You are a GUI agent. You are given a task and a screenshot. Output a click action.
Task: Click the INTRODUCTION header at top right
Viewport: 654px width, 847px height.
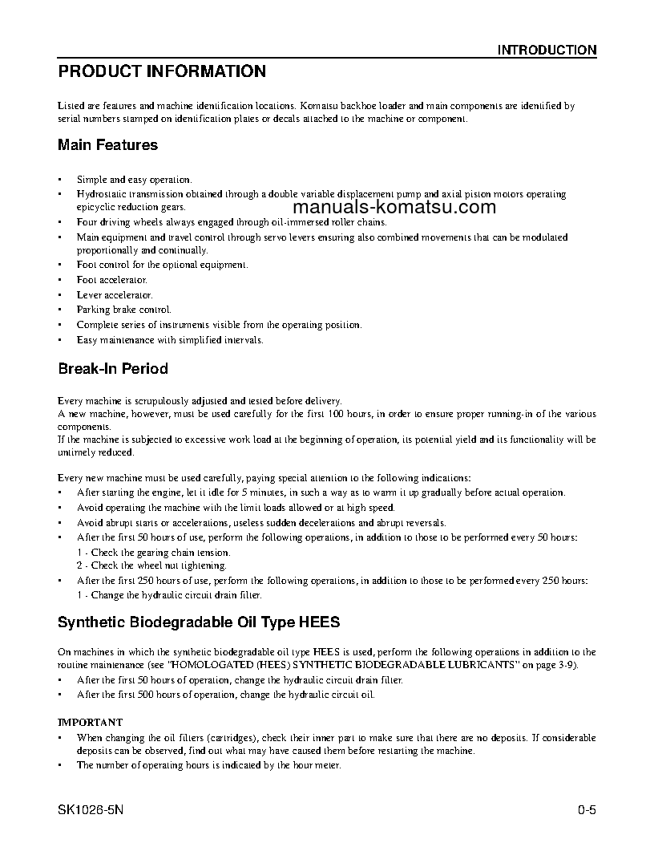[x=547, y=50]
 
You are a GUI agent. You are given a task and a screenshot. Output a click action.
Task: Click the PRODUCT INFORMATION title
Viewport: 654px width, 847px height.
[x=162, y=71]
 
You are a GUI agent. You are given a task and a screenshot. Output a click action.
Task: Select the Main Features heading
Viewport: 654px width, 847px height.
[x=108, y=145]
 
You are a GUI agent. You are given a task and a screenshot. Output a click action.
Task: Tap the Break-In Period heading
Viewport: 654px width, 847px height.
[x=113, y=369]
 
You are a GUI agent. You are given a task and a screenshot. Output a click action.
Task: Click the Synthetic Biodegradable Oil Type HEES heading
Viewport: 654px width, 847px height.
[x=199, y=622]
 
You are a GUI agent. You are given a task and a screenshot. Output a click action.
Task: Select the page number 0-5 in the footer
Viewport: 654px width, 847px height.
[x=587, y=809]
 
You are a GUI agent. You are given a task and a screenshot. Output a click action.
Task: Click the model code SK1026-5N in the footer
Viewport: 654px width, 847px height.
[x=91, y=809]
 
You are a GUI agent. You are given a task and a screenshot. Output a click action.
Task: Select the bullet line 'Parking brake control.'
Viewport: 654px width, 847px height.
[x=123, y=310]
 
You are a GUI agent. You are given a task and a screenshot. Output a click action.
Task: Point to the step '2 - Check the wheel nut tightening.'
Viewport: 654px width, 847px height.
[x=152, y=565]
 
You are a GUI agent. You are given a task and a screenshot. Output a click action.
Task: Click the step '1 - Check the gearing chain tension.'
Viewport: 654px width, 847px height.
[x=154, y=552]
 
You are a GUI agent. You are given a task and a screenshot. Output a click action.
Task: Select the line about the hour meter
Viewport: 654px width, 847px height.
[x=208, y=765]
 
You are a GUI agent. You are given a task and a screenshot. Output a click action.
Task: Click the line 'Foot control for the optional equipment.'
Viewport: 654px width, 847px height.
[x=162, y=265]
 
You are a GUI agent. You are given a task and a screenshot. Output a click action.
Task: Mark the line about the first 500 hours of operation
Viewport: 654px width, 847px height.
[x=225, y=695]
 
